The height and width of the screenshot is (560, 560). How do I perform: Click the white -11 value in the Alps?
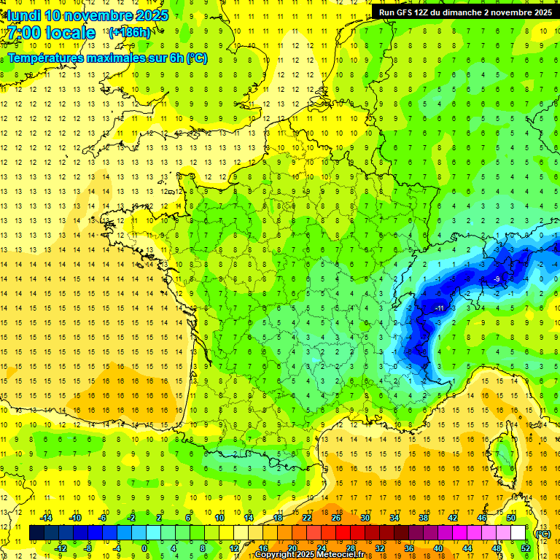coord(439,308)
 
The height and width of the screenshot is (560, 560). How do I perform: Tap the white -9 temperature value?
coord(496,279)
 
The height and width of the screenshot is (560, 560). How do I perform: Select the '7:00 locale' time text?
coord(52,33)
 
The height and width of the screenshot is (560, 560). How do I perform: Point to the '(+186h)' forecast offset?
coord(130,33)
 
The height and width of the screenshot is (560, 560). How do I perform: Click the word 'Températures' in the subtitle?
coord(45,58)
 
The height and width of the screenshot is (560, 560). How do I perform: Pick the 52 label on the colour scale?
coord(526,548)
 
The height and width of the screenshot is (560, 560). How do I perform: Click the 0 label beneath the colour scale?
coord(144,548)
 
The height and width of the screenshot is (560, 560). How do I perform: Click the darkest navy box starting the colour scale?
coord(36,533)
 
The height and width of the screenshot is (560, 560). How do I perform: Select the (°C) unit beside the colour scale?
coord(542,533)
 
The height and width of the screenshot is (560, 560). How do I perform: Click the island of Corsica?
coord(502,451)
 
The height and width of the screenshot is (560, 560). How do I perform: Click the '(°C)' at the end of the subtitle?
coord(196,58)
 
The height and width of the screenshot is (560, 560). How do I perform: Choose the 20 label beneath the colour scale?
coord(292,548)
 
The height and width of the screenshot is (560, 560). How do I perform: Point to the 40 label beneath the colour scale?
coord(438,548)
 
